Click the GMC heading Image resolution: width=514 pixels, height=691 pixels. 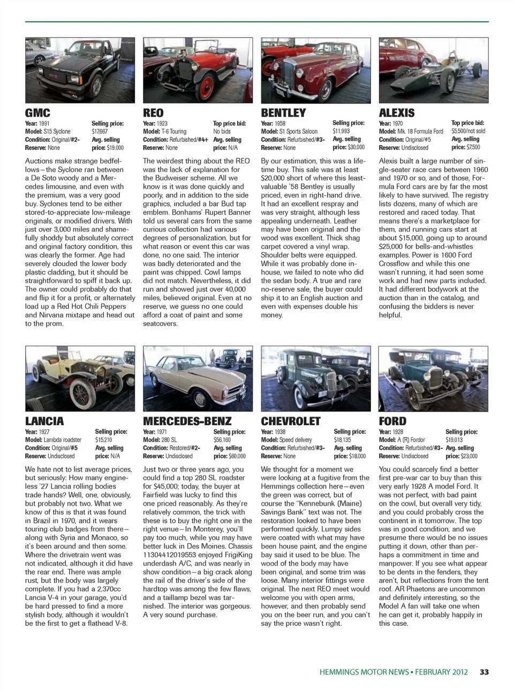pyautogui.click(x=37, y=113)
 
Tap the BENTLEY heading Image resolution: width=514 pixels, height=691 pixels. pyautogui.click(x=283, y=113)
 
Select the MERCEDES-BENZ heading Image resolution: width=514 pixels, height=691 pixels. pyautogui.click(x=187, y=421)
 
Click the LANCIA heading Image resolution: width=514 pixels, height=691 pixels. pyautogui.click(x=44, y=421)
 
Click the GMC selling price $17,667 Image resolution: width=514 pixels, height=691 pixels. pyautogui.click(x=100, y=131)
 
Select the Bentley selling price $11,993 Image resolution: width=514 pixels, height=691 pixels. pyautogui.click(x=341, y=131)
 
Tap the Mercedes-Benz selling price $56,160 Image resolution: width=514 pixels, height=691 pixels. pyautogui.click(x=222, y=440)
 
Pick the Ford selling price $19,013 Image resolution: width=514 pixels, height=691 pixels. pyautogui.click(x=454, y=440)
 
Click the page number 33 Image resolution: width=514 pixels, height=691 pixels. pyautogui.click(x=484, y=672)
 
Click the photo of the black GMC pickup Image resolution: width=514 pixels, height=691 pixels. pyautogui.click(x=80, y=70)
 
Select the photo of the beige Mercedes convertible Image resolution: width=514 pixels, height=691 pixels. pyautogui.click(x=198, y=378)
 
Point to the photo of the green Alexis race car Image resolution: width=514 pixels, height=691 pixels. pyautogui.click(x=434, y=70)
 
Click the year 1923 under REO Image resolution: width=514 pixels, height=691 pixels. pyautogui.click(x=162, y=123)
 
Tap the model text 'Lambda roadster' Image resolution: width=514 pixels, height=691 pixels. pyautogui.click(x=62, y=440)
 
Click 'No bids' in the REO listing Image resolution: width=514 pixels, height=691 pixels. pyautogui.click(x=222, y=131)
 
